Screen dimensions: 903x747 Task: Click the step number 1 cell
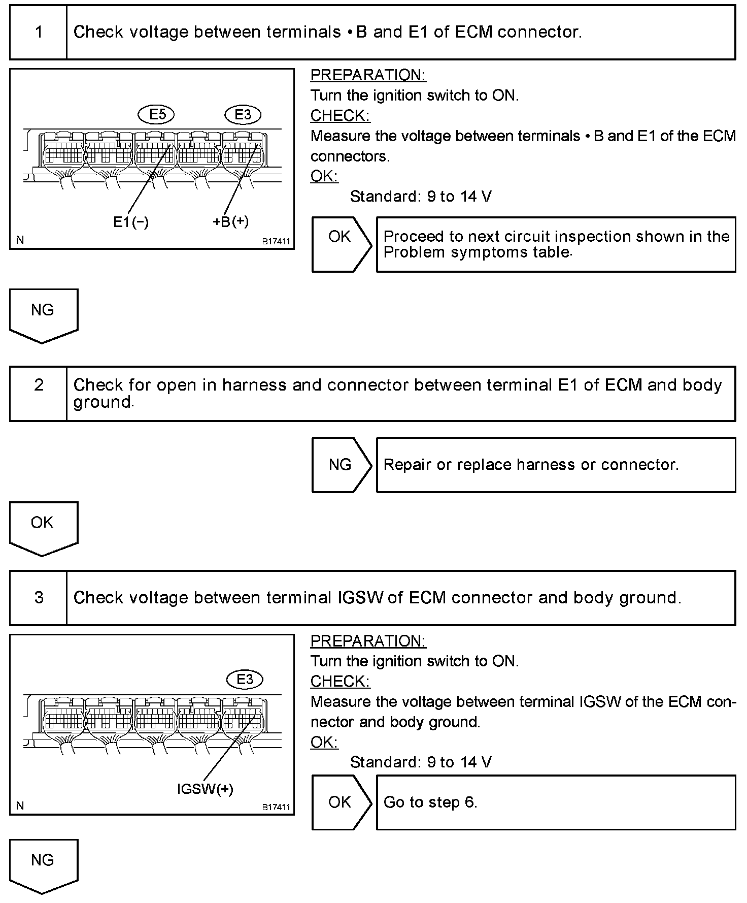pos(39,33)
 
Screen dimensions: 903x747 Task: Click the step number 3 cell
pos(39,598)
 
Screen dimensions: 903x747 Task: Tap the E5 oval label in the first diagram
pos(156,115)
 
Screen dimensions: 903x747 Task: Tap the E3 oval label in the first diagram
pos(243,115)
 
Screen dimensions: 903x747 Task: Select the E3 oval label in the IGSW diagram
pos(245,680)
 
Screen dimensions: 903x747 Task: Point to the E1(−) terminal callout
pos(131,222)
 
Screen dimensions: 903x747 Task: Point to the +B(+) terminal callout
pos(231,222)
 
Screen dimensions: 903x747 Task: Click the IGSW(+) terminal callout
pos(205,789)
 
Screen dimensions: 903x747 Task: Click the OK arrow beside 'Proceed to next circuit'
pos(340,244)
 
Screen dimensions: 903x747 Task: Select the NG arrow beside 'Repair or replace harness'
pos(340,465)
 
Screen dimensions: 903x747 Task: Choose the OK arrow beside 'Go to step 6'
pos(340,802)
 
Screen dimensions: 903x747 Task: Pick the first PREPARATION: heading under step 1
pos(368,75)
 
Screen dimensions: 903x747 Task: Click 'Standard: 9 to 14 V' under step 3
pos(421,762)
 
